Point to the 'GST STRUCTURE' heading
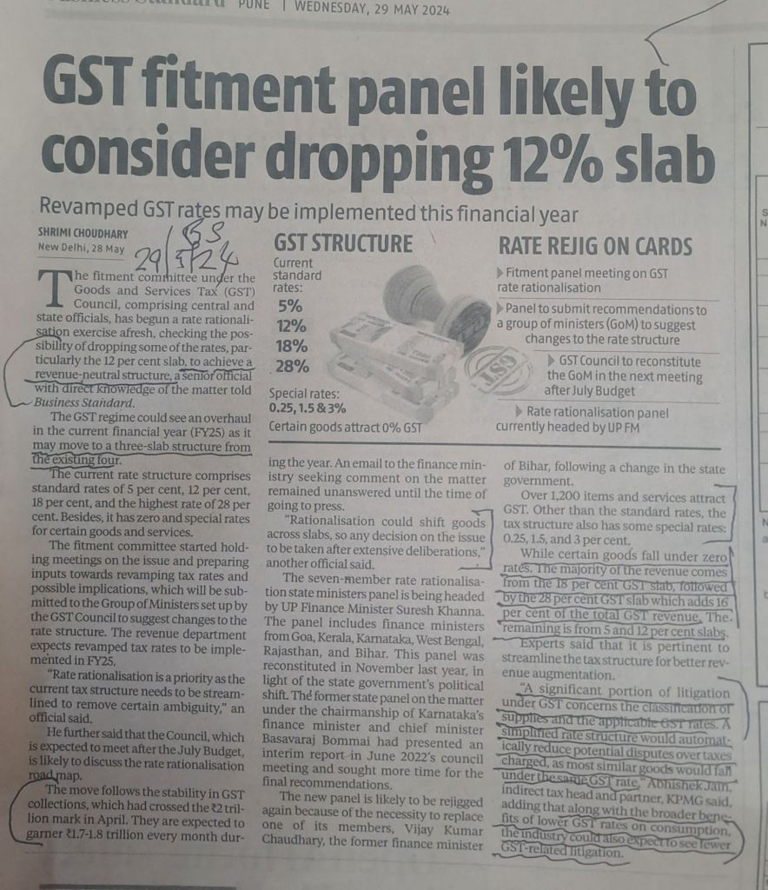coord(343,243)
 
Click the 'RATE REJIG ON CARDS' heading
coord(595,247)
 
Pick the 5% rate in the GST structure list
coord(289,305)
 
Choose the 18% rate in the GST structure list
coord(291,346)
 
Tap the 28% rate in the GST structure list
coord(291,367)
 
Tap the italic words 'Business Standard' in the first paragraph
coord(84,402)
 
